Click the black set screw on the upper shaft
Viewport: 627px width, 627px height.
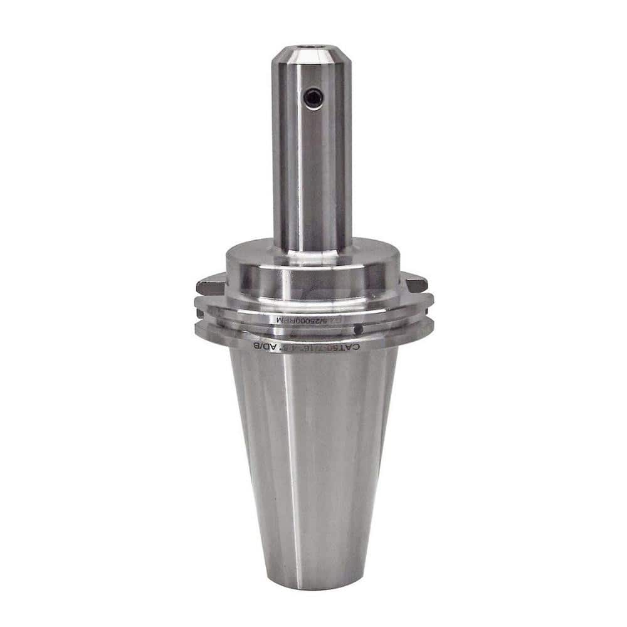[312, 97]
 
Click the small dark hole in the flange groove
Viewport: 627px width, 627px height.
[357, 329]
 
